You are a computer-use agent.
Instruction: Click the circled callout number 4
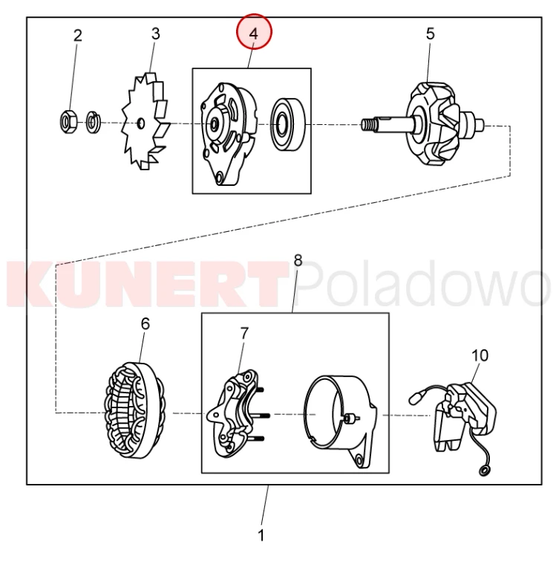tap(254, 34)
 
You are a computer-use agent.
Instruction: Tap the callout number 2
tap(78, 36)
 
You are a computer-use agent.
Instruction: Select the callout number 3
tap(155, 34)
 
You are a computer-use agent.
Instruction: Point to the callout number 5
tap(431, 34)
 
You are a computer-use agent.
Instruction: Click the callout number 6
tap(146, 324)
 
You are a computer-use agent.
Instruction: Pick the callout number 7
tap(244, 333)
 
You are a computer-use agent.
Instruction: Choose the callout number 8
tap(298, 260)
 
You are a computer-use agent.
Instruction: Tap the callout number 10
tap(480, 355)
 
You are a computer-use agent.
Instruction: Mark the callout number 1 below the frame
tap(261, 535)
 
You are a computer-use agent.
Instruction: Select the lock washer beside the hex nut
tap(94, 123)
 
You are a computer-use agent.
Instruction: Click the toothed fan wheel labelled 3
tap(145, 121)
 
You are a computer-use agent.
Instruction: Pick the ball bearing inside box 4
tap(288, 123)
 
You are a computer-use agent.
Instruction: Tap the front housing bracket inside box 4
tap(229, 134)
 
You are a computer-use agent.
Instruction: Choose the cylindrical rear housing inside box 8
tap(341, 420)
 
